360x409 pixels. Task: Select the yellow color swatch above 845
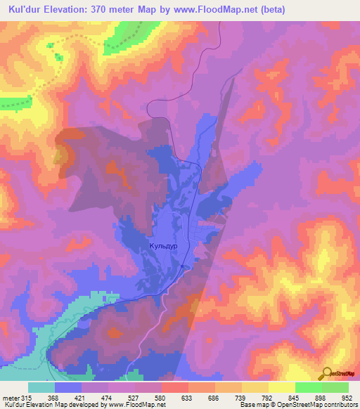(x=281, y=387)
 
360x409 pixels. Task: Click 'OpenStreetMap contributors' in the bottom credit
(x=320, y=405)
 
